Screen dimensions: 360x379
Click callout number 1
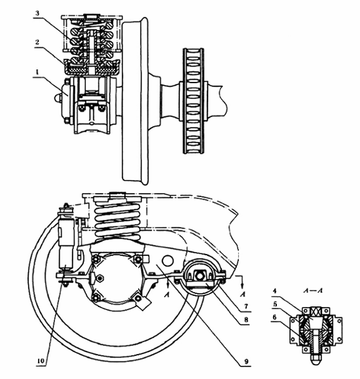(x=37, y=72)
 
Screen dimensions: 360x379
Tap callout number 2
(x=37, y=42)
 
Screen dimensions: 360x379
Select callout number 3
(x=37, y=13)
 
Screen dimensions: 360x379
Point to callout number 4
(x=274, y=291)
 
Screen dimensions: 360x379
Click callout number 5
(x=275, y=304)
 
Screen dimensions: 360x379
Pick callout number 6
(x=274, y=317)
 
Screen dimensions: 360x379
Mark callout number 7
(x=246, y=306)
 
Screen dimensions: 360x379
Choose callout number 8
(x=246, y=320)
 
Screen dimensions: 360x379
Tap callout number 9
(x=246, y=361)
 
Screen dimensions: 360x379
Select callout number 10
(x=41, y=361)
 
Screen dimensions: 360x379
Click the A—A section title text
(x=314, y=290)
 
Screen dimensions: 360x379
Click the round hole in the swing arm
(x=168, y=261)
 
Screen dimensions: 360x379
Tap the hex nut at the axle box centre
(x=99, y=278)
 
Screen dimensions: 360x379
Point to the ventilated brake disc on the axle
(x=193, y=101)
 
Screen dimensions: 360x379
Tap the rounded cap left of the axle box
(x=56, y=98)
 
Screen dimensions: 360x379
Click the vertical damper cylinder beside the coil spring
(x=65, y=243)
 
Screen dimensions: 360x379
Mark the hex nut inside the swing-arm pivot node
(x=201, y=276)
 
